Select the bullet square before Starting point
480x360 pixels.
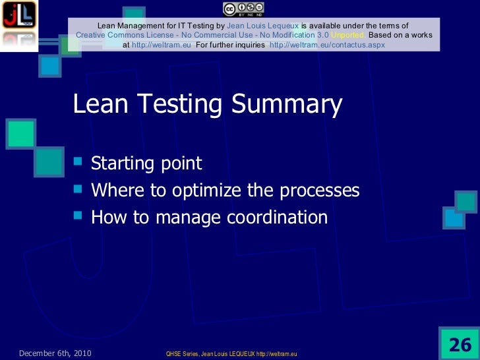pos(79,163)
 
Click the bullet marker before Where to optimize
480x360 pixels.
pos(79,190)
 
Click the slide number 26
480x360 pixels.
pos(460,344)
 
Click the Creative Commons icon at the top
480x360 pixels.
pos(243,8)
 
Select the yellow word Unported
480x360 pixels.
pos(349,35)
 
